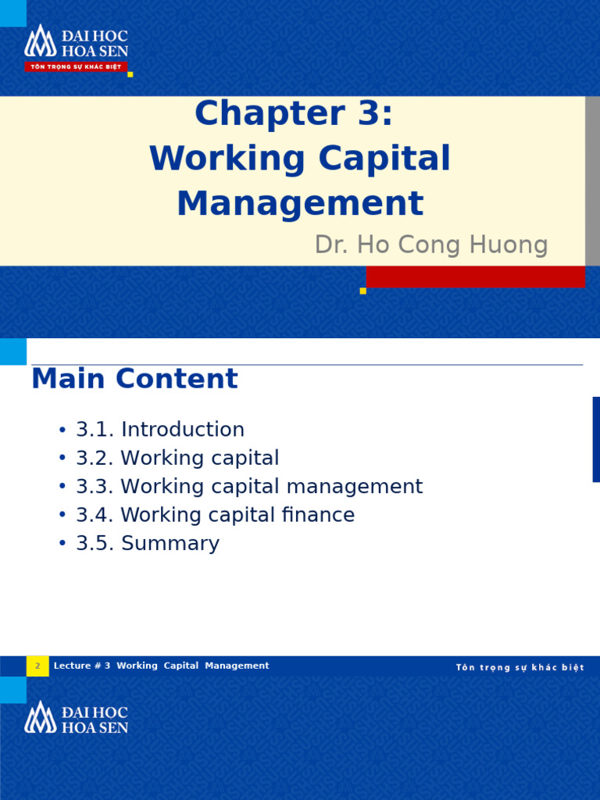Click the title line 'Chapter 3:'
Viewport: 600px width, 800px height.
[293, 114]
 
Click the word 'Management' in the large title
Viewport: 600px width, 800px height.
[300, 204]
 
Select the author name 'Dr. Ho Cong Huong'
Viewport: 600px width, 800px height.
[431, 245]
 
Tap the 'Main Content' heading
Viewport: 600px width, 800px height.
[134, 379]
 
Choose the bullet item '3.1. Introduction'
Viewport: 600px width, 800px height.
[159, 430]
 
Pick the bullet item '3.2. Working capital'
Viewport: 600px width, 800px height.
[177, 458]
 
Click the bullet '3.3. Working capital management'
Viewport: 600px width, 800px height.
[248, 487]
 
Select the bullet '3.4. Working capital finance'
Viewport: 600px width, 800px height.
[215, 515]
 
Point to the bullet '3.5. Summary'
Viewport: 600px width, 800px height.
[147, 544]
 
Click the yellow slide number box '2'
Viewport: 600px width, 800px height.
[37, 666]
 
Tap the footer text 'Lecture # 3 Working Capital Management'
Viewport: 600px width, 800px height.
[161, 666]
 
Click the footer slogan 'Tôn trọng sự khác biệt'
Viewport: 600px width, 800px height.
[520, 668]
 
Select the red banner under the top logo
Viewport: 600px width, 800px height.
[76, 67]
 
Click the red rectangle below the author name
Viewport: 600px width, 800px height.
[476, 277]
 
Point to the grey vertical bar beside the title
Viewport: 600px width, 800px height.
[592, 180]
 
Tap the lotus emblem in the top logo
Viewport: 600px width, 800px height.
[40, 41]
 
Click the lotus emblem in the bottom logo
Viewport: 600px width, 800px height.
[40, 717]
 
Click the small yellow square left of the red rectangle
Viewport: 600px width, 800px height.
[362, 291]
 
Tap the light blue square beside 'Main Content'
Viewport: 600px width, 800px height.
[13, 352]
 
